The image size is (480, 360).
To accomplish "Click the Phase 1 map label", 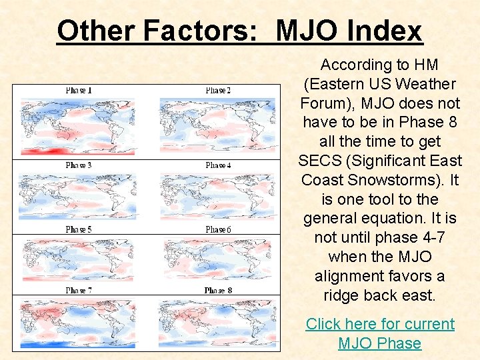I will pos(79,90).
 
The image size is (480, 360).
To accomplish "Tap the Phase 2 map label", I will pos(219,90).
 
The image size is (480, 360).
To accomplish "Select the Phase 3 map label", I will pos(79,165).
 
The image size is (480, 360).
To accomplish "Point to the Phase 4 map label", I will pos(219,165).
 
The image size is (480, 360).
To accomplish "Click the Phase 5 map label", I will pos(79,229).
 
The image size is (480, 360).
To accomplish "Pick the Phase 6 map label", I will pos(219,229).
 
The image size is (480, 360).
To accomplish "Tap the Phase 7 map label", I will pos(79,291).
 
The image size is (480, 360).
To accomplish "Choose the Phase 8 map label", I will pos(219,291).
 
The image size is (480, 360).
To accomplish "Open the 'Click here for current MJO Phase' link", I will pos(379,333).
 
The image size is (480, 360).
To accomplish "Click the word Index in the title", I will pos(385,31).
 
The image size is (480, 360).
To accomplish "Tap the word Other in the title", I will pos(96,31).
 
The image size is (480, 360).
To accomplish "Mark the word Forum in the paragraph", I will pos(323,103).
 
